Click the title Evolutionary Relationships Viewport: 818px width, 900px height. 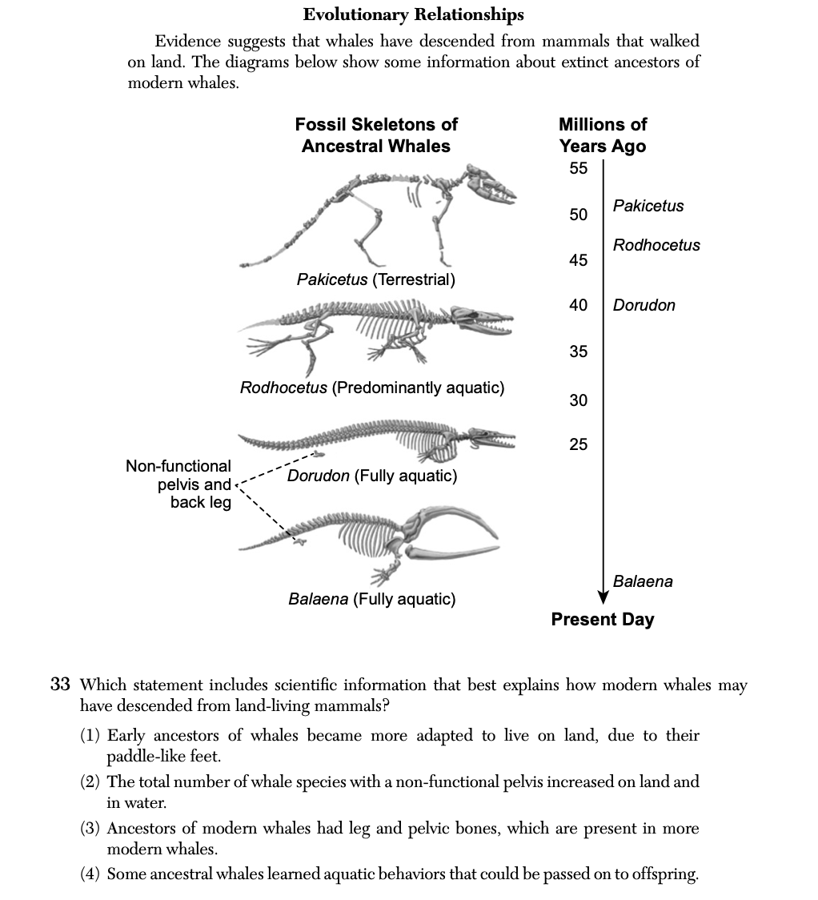coord(413,14)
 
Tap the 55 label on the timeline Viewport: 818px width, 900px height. coord(579,168)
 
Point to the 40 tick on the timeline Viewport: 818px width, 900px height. coord(579,305)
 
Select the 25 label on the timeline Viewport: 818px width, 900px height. coord(579,444)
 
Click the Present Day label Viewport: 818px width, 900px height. coord(602,619)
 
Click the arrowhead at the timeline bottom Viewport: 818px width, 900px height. coord(603,597)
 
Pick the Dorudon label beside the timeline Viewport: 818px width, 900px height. coord(644,305)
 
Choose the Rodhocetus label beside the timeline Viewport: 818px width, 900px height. coord(656,245)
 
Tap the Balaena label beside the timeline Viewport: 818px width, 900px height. coord(643,581)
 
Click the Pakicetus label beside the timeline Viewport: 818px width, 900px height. coord(648,206)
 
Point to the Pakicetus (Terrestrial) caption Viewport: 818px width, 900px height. coord(375,279)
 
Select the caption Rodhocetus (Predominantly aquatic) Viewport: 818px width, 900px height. coord(372,388)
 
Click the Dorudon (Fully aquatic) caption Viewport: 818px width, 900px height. coord(372,476)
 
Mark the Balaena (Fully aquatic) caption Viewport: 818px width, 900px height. coord(371,599)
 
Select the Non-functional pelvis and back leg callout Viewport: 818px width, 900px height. coord(178,484)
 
